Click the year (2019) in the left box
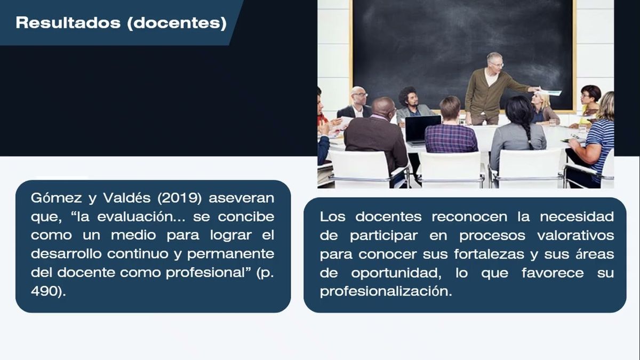click(x=177, y=199)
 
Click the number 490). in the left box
click(x=49, y=292)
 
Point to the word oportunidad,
click(x=396, y=273)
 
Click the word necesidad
click(x=577, y=217)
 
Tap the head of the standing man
click(x=494, y=61)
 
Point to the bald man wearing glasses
click(x=358, y=100)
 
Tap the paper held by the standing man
click(x=551, y=92)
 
